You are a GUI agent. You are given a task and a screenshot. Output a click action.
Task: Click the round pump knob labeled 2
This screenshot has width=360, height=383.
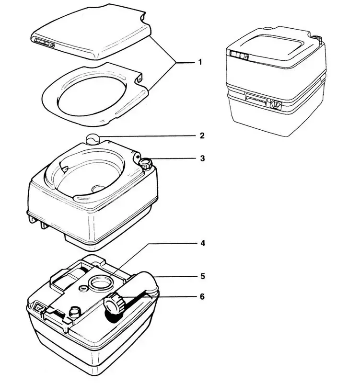93,140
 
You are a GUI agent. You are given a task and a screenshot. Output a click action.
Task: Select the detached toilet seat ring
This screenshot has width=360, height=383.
91,91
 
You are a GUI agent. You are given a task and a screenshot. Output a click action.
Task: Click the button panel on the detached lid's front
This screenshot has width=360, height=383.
44,43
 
